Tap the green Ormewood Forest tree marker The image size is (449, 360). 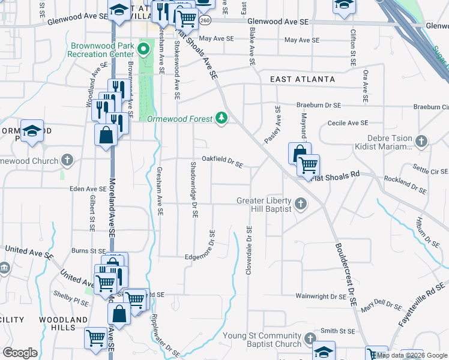point(222,118)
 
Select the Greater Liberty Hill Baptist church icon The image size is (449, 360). point(301,205)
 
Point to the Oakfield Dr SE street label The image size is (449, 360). point(222,161)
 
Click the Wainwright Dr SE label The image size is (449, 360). point(321,296)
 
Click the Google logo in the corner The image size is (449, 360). point(20,353)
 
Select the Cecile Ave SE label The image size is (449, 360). point(348,123)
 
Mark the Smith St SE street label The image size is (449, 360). point(338,331)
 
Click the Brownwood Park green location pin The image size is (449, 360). point(144,47)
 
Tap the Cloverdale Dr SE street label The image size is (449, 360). point(249,251)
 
